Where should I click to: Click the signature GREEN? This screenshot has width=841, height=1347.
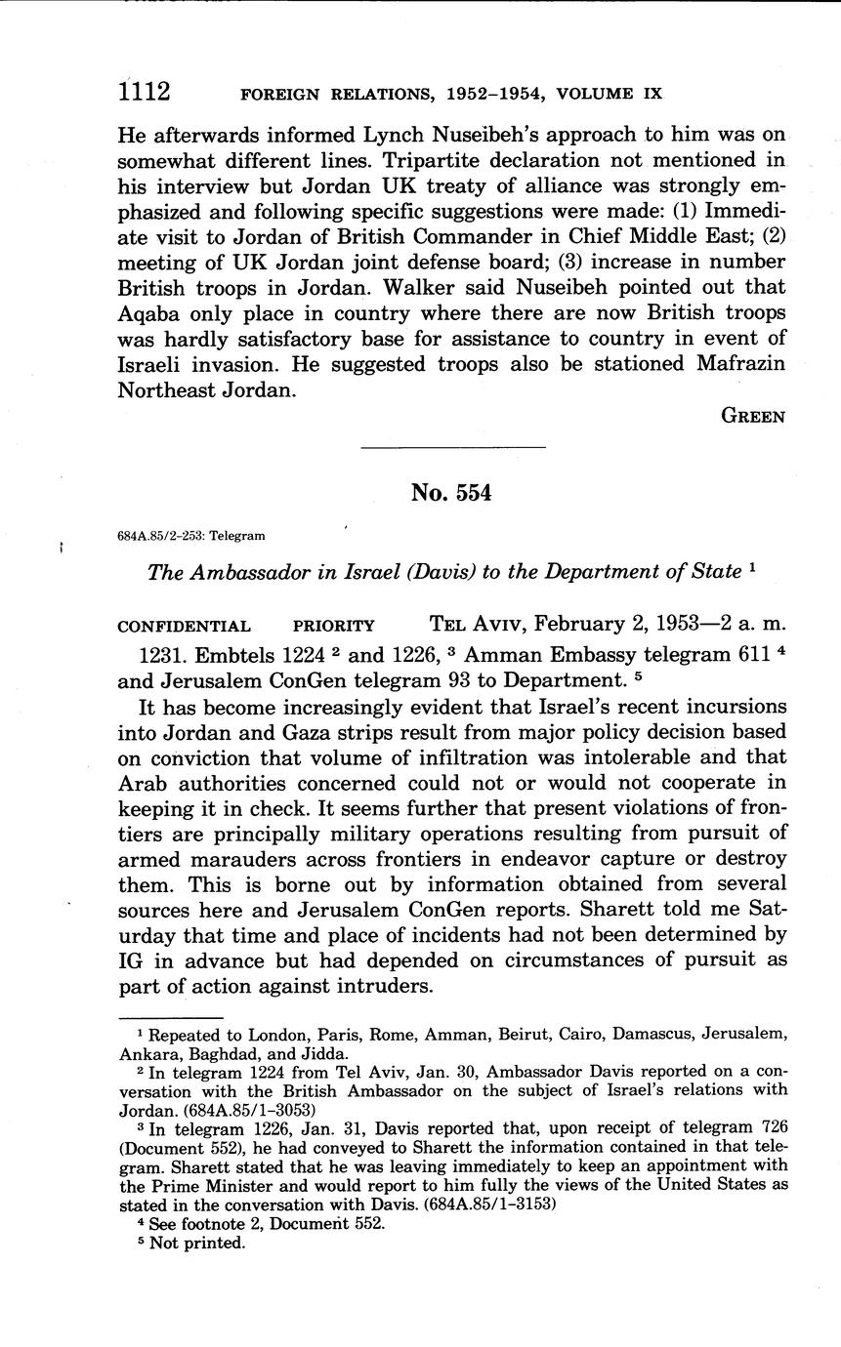752,416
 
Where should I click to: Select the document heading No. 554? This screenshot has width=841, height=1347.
451,493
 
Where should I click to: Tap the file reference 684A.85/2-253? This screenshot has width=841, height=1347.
160,536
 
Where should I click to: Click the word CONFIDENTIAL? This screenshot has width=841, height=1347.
184,627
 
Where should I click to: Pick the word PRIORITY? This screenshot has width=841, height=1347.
334,627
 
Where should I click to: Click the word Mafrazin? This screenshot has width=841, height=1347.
730,363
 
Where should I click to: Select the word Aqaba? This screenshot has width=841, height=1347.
152,312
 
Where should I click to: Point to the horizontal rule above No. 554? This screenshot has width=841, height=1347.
453,448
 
